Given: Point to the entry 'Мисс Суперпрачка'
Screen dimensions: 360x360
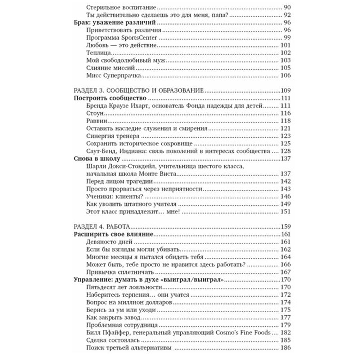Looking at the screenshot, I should tap(116, 75).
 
